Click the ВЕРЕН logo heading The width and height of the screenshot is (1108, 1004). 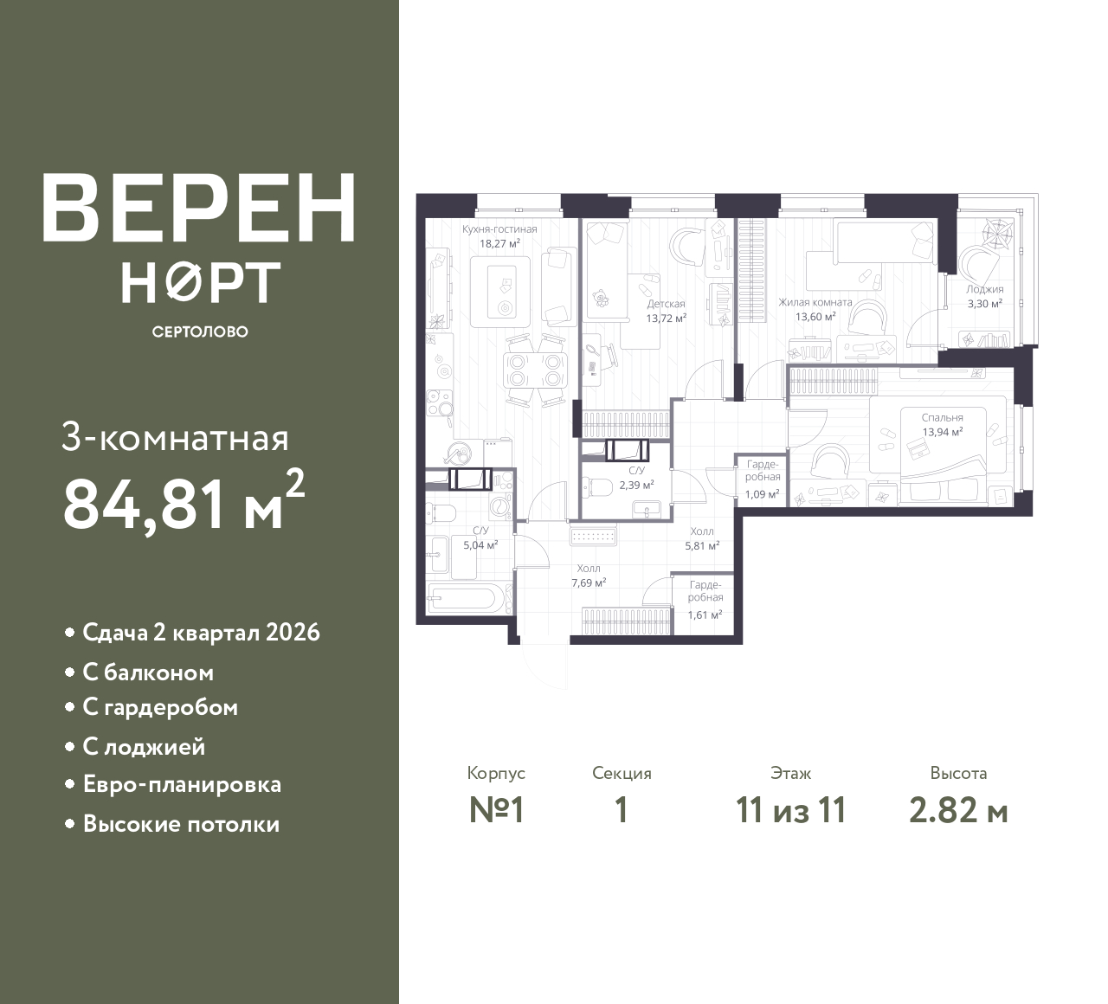click(199, 208)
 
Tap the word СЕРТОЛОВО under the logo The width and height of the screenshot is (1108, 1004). click(199, 331)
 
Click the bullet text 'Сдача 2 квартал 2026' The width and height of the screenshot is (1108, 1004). click(201, 633)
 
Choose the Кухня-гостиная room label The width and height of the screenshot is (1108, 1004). click(499, 229)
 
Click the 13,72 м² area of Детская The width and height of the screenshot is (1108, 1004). click(667, 318)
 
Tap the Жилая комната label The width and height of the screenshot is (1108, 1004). click(815, 302)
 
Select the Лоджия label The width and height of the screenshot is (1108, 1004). click(985, 289)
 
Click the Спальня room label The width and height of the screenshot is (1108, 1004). click(943, 417)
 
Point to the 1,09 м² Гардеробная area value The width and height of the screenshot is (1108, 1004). click(763, 493)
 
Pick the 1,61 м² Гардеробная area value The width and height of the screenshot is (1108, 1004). click(705, 615)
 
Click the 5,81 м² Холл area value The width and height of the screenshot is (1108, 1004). click(702, 545)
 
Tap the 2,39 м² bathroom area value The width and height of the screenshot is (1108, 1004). click(636, 485)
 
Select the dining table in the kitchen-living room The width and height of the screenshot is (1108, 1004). click(535, 370)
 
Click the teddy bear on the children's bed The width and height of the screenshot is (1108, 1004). click(601, 299)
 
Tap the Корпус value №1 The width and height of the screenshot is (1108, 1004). click(497, 811)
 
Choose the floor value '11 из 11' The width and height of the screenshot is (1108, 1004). click(790, 811)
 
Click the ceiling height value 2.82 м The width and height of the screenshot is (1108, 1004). click(958, 811)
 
